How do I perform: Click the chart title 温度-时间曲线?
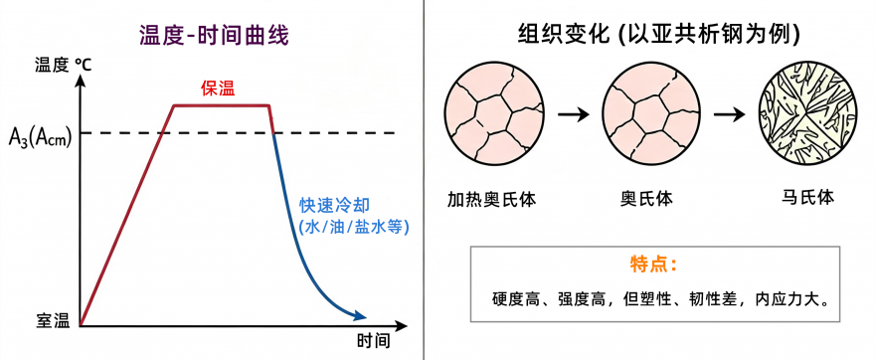click(214, 37)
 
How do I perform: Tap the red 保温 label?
click(218, 90)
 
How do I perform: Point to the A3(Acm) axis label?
click(40, 137)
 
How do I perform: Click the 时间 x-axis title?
click(373, 341)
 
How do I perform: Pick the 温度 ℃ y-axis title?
click(63, 65)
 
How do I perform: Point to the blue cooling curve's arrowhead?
click(360, 316)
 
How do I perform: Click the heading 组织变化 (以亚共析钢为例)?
click(659, 35)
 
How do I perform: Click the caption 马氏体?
click(807, 198)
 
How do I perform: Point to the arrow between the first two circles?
click(573, 115)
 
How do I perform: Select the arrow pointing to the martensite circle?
click(730, 115)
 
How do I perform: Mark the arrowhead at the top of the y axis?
click(81, 80)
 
